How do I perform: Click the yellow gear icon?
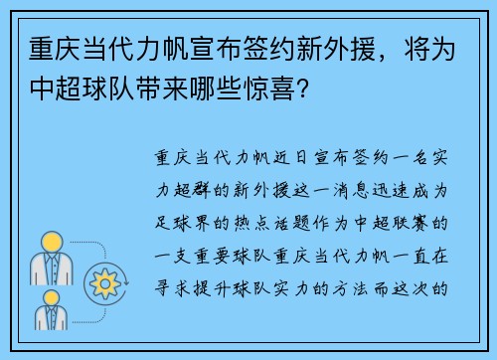tap(103, 281)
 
